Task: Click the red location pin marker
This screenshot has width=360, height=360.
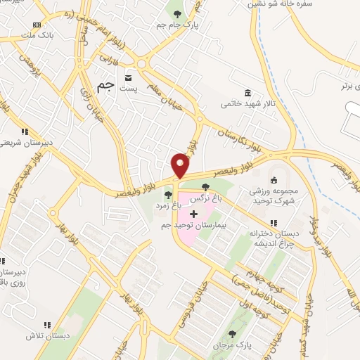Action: [180, 165]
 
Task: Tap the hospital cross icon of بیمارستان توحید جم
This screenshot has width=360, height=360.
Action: [194, 213]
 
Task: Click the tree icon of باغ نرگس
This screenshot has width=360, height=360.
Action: [205, 187]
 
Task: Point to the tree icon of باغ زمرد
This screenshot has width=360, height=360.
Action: [167, 195]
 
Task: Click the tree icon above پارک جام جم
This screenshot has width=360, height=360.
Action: [176, 13]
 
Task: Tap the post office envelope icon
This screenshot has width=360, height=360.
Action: [127, 77]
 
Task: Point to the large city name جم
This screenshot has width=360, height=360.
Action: [105, 85]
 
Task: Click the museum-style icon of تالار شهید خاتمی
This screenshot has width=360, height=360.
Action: [247, 93]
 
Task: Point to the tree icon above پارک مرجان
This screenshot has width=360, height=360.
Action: [233, 333]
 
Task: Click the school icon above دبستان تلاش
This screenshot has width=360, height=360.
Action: [47, 325]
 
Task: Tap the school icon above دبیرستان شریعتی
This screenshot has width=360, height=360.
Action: [24, 131]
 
